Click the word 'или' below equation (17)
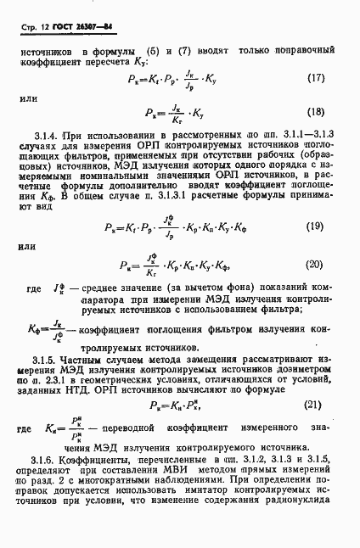pyautogui.click(x=29, y=98)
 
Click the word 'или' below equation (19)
pyautogui.click(x=28, y=249)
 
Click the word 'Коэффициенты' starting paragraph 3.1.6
pyautogui.click(x=100, y=459)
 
